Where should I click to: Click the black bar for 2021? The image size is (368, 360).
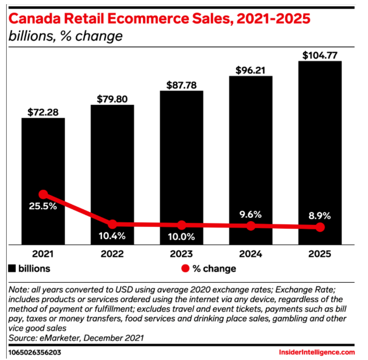(x=43, y=155)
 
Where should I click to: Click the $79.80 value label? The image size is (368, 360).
(x=112, y=99)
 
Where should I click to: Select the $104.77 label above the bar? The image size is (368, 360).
(x=320, y=55)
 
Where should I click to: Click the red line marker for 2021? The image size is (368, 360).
(x=43, y=194)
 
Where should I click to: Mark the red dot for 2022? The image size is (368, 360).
(x=112, y=224)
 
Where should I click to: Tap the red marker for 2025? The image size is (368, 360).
(x=320, y=227)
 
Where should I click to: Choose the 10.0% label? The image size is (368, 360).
(x=181, y=236)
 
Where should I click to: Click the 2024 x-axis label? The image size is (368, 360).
(x=251, y=254)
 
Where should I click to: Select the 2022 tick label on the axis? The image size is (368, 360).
(x=112, y=254)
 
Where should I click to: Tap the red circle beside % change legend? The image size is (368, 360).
(x=185, y=269)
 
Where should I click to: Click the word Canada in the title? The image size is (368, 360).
(x=36, y=20)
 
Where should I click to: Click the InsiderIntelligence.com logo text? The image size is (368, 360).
(x=317, y=352)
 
